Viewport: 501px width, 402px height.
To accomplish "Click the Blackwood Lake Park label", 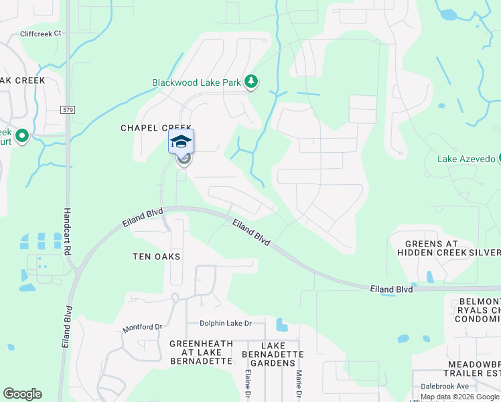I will [x=196, y=83].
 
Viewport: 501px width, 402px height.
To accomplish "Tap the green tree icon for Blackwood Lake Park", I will [x=251, y=82].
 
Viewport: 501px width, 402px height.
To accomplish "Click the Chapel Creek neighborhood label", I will [x=156, y=128].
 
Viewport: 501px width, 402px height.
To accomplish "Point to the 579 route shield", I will [x=67, y=109].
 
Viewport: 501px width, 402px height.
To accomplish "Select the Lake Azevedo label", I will [x=466, y=159].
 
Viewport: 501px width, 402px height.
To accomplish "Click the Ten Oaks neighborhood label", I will [x=157, y=257].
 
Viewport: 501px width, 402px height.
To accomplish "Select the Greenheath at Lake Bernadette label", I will [x=201, y=352].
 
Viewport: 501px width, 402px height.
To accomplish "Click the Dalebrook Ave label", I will [x=445, y=386].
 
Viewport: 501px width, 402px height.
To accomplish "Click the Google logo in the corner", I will [x=22, y=394].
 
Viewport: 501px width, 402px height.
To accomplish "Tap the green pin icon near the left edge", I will [x=21, y=137].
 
